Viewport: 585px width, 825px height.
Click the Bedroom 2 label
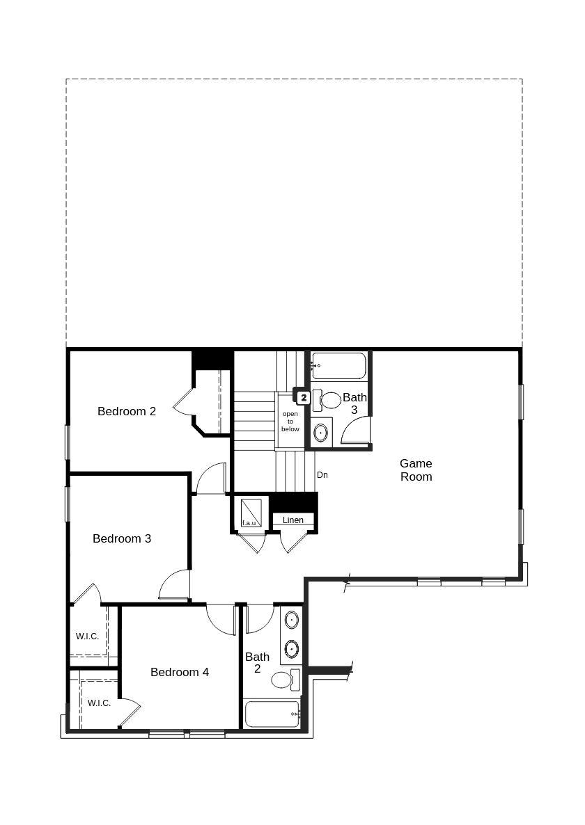[x=127, y=411]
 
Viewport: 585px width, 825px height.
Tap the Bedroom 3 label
[x=122, y=538]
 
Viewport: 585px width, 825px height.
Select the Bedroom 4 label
[x=180, y=672]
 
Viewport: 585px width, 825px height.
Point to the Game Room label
[x=416, y=470]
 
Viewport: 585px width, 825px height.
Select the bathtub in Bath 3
[x=339, y=365]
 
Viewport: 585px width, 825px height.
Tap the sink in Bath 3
[x=320, y=433]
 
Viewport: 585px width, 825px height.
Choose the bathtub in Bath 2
[x=272, y=714]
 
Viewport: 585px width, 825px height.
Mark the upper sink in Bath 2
[x=292, y=619]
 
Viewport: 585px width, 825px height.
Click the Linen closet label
[x=293, y=520]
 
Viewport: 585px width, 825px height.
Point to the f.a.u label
[x=249, y=522]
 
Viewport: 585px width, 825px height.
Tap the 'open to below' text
[x=290, y=422]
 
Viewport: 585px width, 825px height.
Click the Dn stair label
[x=322, y=475]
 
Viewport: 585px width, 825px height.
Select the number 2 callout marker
[x=304, y=398]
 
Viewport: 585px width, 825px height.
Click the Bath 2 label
[x=257, y=662]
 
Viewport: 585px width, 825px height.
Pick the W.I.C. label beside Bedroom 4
[x=99, y=703]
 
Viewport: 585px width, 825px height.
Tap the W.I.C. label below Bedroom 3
[x=87, y=636]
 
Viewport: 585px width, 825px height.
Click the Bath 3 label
[x=354, y=403]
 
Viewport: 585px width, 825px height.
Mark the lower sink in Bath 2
[x=292, y=648]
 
